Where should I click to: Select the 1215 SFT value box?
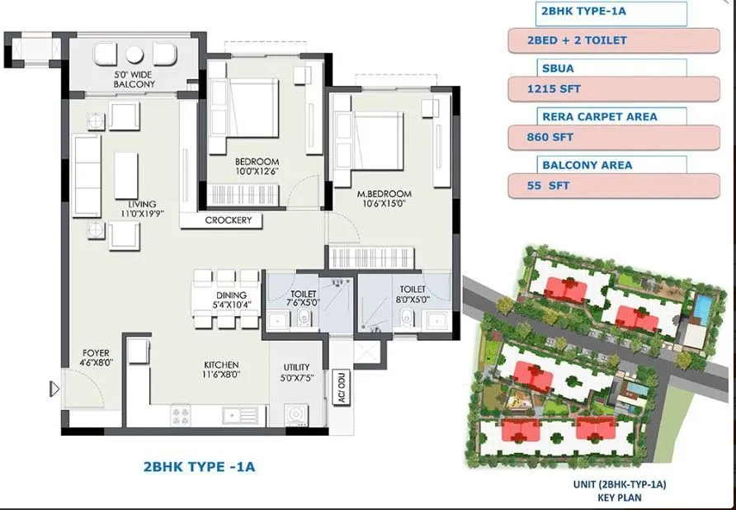point(613,87)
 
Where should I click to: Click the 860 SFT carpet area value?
point(613,136)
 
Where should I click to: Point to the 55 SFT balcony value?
point(613,186)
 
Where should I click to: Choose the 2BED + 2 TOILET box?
point(613,40)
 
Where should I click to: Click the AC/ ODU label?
point(340,387)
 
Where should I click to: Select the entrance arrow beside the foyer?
point(55,389)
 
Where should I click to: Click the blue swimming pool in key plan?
point(701,307)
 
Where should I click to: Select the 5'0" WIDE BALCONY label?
point(134,79)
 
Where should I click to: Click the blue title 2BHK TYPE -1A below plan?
point(199,467)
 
